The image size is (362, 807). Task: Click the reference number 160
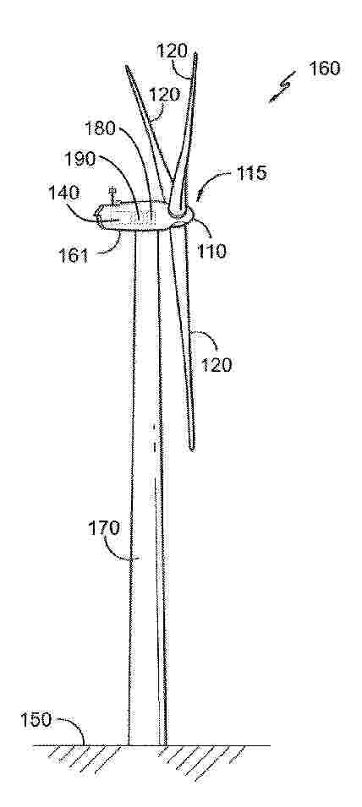(x=325, y=68)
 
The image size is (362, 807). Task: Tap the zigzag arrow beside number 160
(x=282, y=88)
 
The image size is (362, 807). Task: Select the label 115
(x=250, y=173)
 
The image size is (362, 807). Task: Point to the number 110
(x=211, y=251)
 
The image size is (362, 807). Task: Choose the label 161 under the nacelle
(x=74, y=254)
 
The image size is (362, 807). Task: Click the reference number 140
(x=65, y=193)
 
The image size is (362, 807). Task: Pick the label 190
(x=80, y=160)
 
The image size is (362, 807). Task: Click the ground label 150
(x=36, y=720)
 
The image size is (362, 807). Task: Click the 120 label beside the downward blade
(x=217, y=364)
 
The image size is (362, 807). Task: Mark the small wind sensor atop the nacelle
(x=112, y=196)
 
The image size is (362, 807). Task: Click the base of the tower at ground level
(x=147, y=744)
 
